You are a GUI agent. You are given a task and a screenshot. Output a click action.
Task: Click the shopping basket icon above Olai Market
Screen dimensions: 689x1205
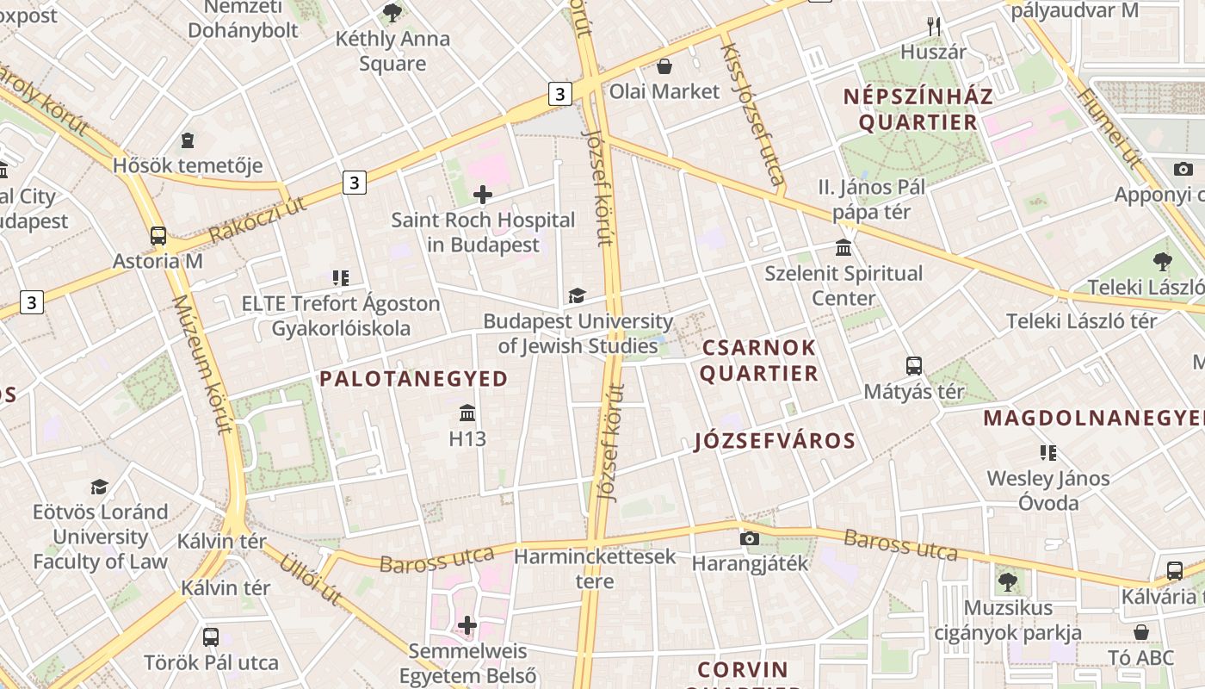click(x=664, y=66)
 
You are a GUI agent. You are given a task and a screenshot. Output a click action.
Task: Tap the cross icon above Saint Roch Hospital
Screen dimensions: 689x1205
click(x=483, y=195)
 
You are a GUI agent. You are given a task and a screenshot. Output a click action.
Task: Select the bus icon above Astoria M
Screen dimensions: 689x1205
click(x=158, y=236)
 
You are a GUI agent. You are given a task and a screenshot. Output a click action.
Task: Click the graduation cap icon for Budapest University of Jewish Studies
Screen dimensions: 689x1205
click(x=577, y=296)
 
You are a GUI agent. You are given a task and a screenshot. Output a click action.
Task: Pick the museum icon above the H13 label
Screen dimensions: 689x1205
click(x=467, y=413)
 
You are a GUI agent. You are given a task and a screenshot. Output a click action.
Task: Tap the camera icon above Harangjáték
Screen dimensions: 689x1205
click(x=750, y=538)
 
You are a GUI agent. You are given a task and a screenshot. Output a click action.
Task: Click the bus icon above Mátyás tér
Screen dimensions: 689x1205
click(x=914, y=366)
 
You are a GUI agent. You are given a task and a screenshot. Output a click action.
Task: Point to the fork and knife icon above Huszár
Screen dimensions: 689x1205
click(x=934, y=27)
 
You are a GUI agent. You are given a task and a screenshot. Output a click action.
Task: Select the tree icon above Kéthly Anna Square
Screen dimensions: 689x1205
click(x=392, y=13)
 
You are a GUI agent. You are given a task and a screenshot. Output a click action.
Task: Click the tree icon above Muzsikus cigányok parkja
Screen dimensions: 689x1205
click(x=1008, y=582)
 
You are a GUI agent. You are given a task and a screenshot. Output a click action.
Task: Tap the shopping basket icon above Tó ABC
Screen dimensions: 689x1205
click(x=1141, y=632)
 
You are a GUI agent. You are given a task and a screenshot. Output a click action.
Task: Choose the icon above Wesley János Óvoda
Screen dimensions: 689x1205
click(x=1047, y=452)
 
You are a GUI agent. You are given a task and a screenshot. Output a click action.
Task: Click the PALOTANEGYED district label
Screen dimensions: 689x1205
click(x=414, y=379)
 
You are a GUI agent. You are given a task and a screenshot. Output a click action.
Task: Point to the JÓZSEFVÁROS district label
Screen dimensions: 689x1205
click(x=775, y=442)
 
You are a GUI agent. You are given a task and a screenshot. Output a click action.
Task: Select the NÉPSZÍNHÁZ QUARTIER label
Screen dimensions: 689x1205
click(x=918, y=109)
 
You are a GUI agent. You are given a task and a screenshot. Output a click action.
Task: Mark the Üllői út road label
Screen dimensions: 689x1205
click(x=311, y=578)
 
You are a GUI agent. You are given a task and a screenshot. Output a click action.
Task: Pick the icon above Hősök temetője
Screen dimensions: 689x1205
click(x=188, y=140)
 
